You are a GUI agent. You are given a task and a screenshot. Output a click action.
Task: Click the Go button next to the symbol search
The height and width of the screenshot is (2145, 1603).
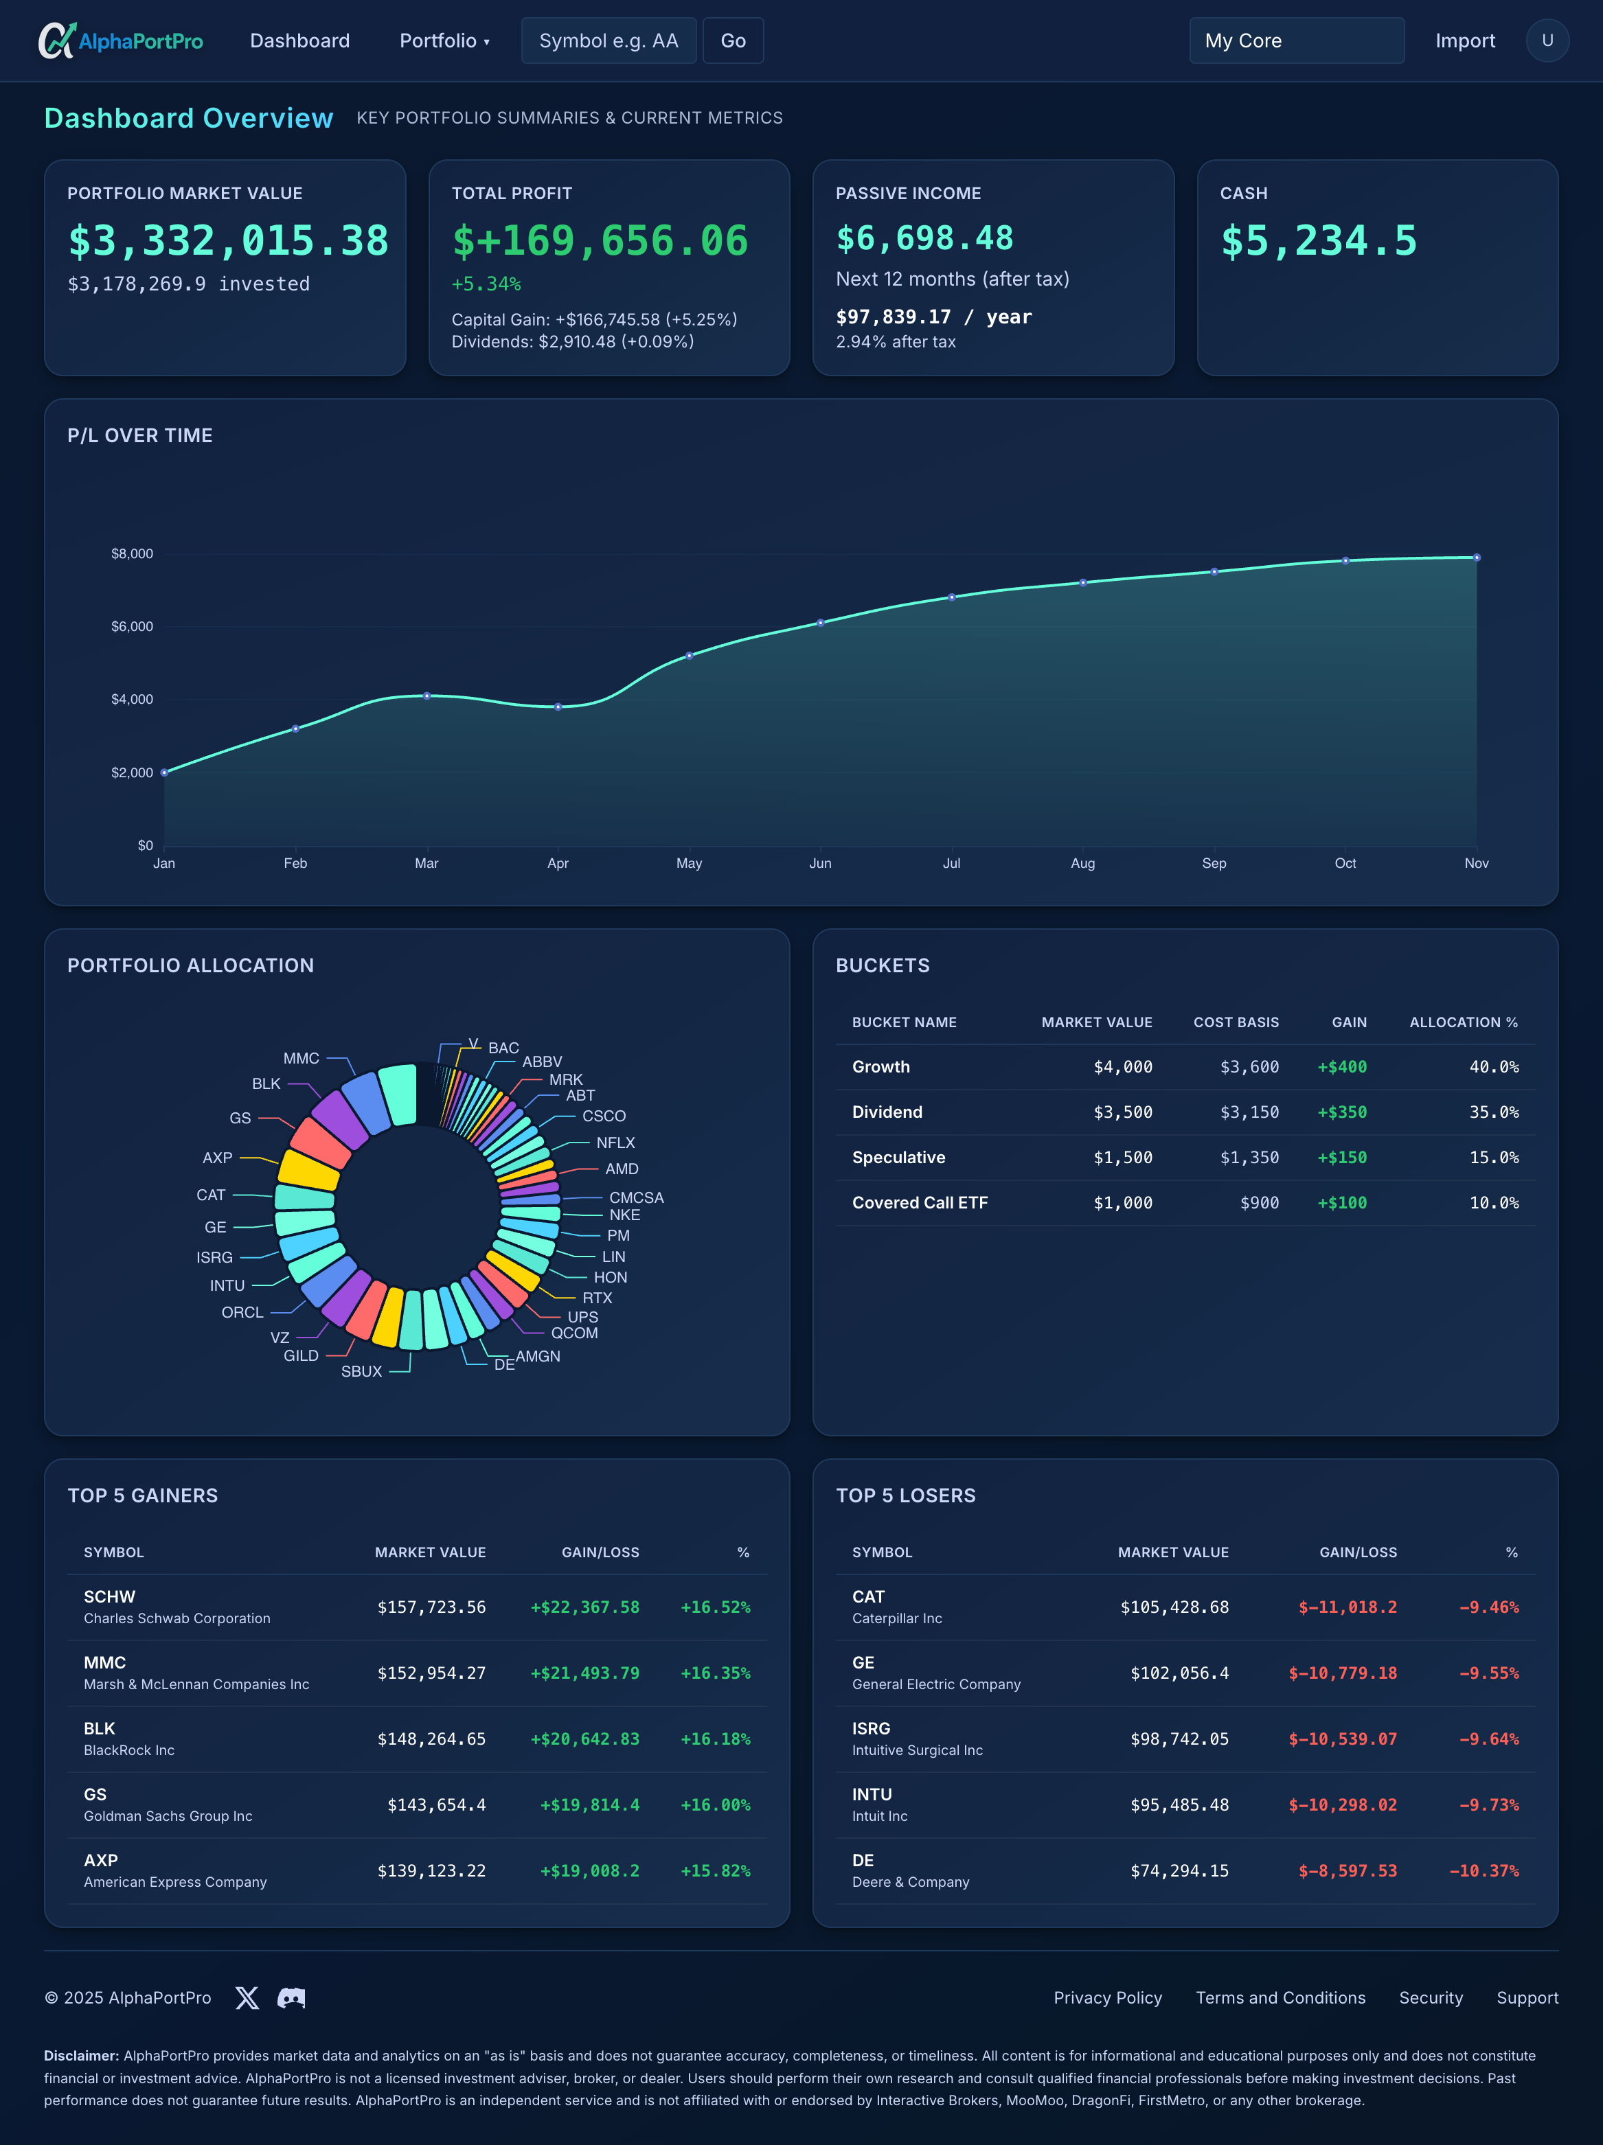(x=732, y=41)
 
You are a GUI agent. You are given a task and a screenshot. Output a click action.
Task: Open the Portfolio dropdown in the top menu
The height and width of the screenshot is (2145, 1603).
(x=444, y=41)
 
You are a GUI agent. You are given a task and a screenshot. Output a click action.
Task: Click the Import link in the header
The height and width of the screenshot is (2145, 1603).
(x=1464, y=41)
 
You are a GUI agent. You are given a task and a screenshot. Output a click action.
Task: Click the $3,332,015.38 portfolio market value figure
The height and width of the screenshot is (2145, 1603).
(x=228, y=240)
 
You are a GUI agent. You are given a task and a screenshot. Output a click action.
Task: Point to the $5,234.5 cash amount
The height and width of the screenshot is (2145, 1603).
(x=1318, y=240)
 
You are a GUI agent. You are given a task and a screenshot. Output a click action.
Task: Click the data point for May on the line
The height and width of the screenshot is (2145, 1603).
(x=690, y=656)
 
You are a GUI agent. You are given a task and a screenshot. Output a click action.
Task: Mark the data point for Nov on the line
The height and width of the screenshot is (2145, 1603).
(x=1476, y=558)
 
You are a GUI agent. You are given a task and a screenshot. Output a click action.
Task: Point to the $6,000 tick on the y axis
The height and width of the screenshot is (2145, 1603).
(x=132, y=626)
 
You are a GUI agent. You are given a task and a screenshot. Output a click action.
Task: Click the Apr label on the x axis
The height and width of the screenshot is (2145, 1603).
(x=558, y=863)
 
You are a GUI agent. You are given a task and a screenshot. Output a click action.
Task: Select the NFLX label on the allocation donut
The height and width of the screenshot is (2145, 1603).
(x=615, y=1143)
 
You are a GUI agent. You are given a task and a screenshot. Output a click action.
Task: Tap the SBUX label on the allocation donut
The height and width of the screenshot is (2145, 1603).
(x=362, y=1371)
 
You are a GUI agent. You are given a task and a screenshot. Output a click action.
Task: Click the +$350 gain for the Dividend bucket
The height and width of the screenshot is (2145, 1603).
(x=1341, y=1112)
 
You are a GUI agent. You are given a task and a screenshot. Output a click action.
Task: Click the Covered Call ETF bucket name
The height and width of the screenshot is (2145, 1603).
(x=920, y=1202)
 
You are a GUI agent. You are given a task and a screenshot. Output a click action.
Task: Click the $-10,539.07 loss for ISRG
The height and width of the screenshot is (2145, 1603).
(x=1342, y=1739)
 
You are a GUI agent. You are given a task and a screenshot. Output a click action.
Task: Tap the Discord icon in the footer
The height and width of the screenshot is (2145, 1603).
(x=291, y=1997)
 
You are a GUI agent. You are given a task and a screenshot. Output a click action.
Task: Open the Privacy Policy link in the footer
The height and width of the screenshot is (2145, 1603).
(x=1107, y=1997)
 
